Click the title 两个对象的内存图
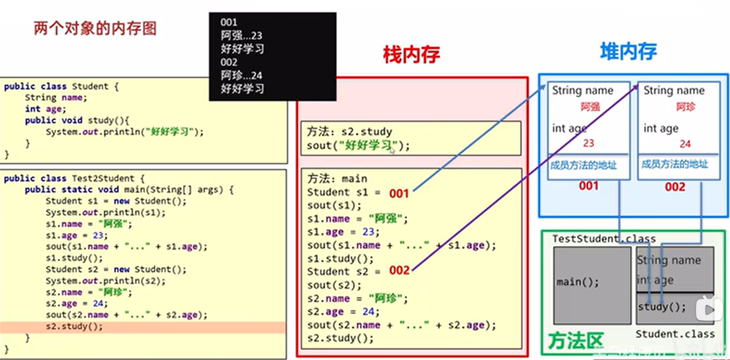click(95, 28)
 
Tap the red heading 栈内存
click(411, 54)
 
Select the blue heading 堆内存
click(628, 51)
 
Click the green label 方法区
click(576, 340)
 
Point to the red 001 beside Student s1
click(399, 193)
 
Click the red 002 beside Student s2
click(399, 270)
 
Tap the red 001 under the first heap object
click(588, 186)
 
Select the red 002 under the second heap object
click(675, 187)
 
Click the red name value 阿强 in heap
click(590, 107)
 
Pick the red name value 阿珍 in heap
click(685, 107)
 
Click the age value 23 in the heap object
click(589, 143)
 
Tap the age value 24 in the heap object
click(685, 144)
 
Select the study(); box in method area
click(661, 307)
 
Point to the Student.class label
click(675, 334)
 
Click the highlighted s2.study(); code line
click(74, 326)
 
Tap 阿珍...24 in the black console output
click(241, 75)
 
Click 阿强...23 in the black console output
click(241, 36)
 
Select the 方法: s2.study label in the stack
click(349, 131)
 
